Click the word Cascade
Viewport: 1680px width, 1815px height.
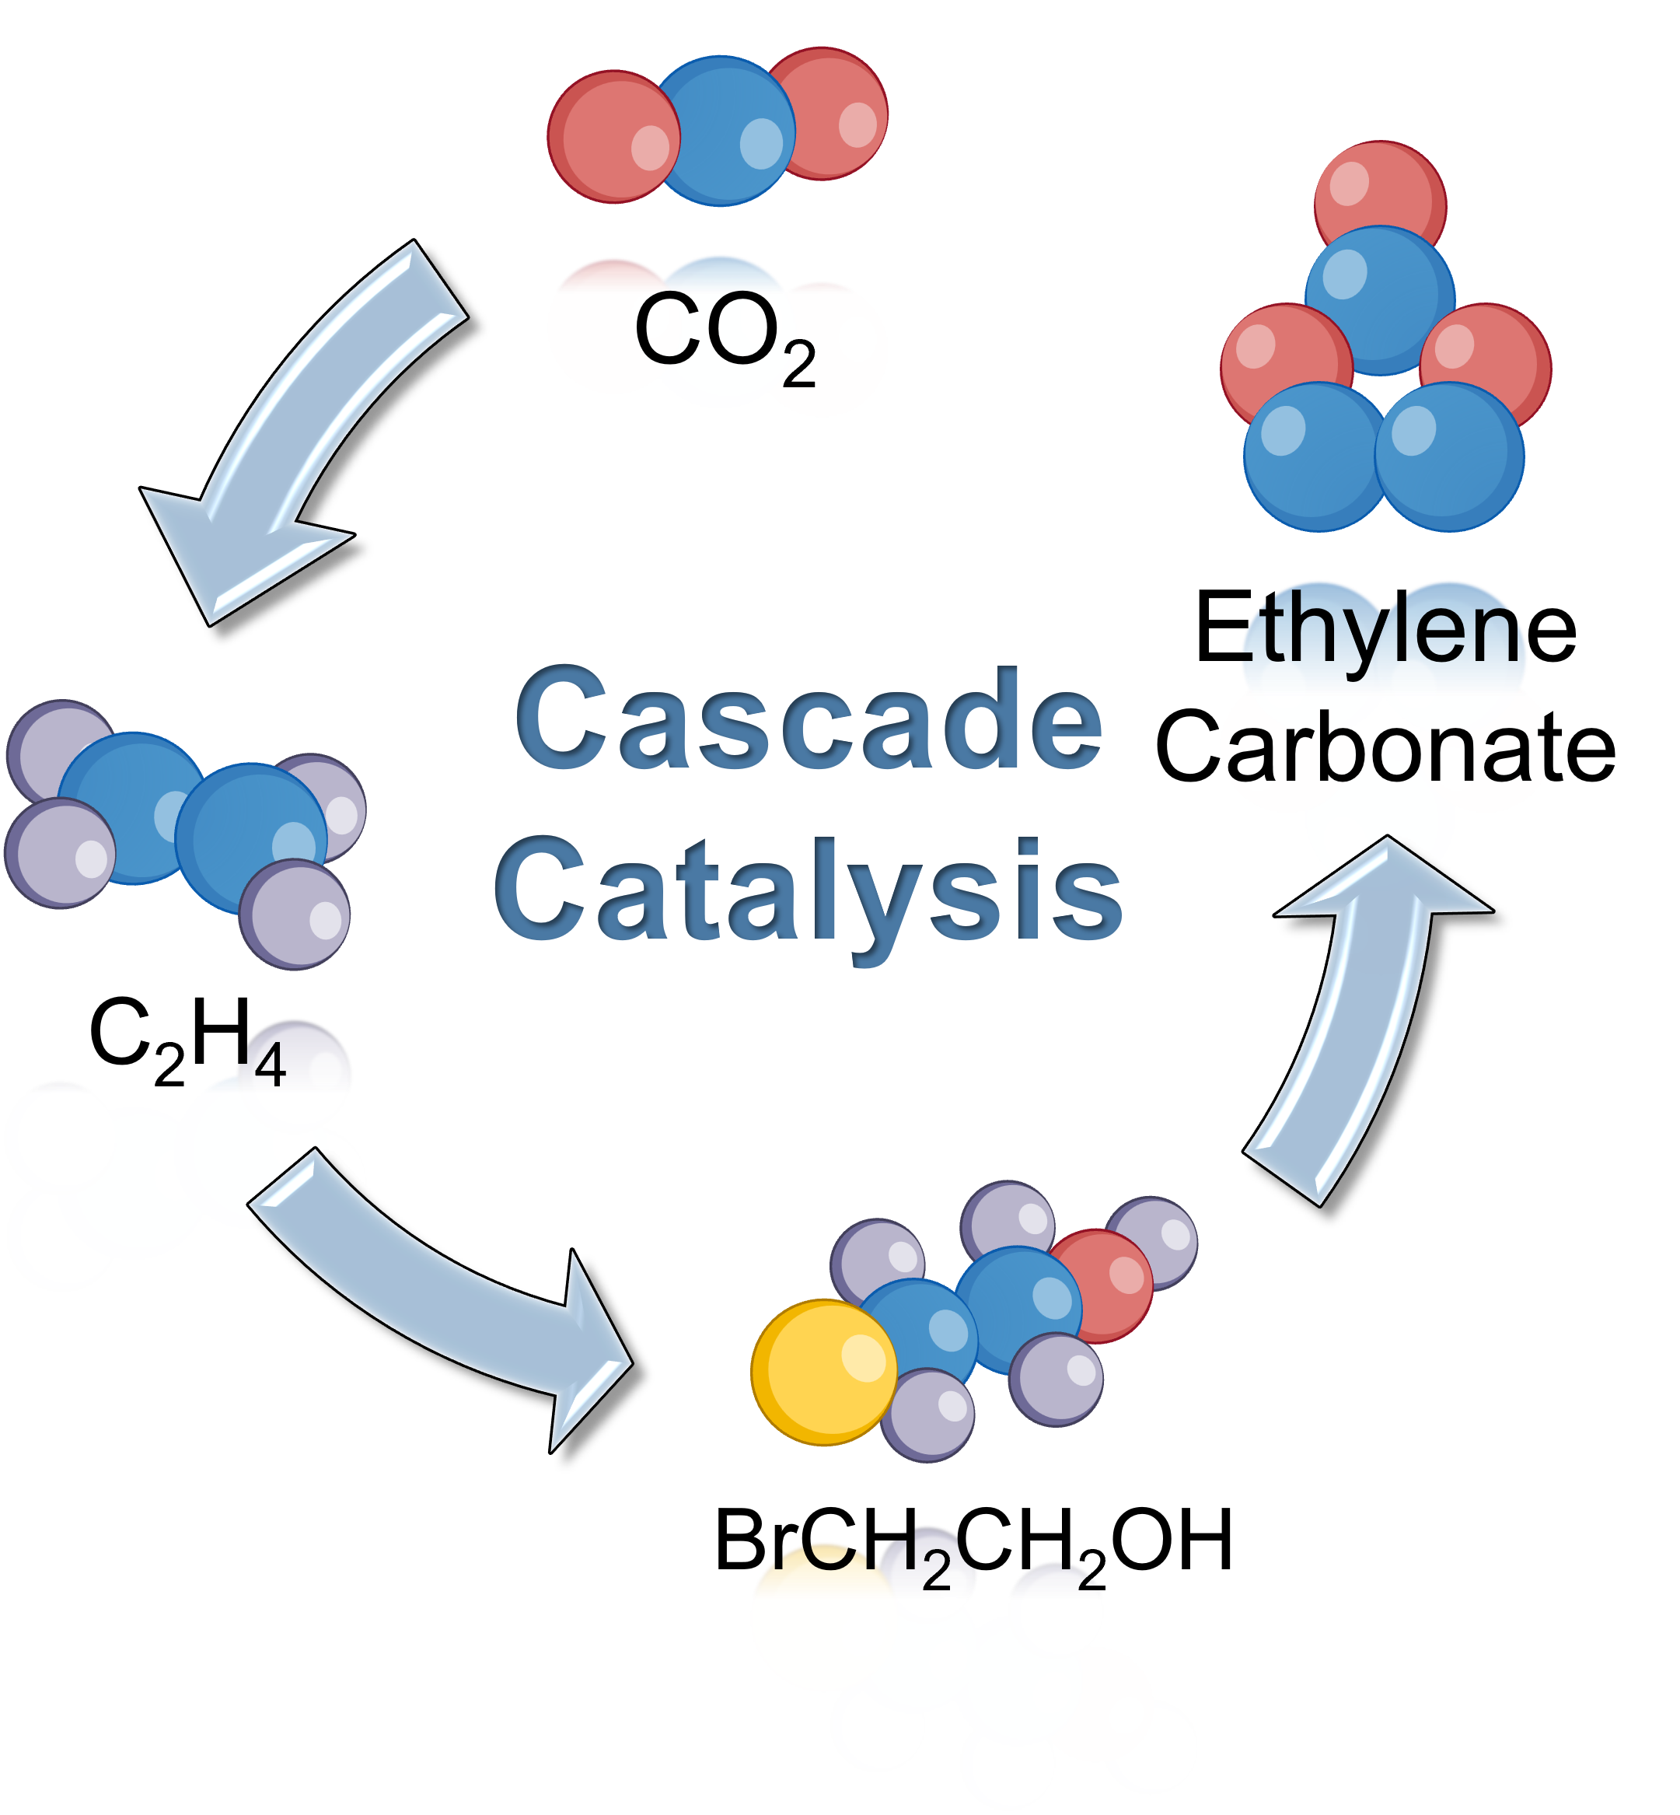(x=809, y=719)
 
